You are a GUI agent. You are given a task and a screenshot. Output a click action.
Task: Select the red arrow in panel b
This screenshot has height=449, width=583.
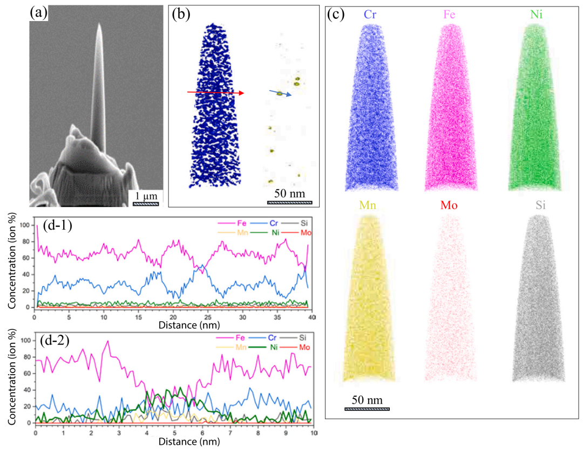click(215, 93)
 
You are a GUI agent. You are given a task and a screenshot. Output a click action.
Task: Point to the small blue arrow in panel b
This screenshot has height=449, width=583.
click(281, 94)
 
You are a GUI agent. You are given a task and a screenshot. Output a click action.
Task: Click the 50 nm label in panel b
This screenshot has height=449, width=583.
click(289, 193)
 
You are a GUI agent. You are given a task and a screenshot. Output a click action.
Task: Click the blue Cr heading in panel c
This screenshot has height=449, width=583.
click(369, 15)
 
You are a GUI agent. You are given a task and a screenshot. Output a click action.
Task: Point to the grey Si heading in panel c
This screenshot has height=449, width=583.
click(535, 206)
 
